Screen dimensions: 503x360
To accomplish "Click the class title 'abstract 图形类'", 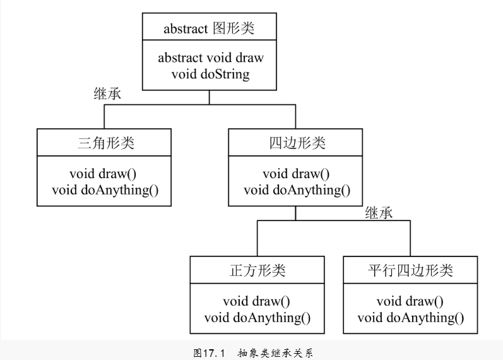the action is pyautogui.click(x=209, y=28).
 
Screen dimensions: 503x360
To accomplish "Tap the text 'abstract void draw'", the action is pyautogui.click(x=211, y=58).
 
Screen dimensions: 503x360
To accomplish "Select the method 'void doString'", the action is pyautogui.click(x=210, y=74).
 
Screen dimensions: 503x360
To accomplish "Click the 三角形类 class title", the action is pyautogui.click(x=105, y=143).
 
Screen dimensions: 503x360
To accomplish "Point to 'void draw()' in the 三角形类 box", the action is pyautogui.click(x=103, y=174).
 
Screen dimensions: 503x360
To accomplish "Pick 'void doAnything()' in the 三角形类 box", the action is pyautogui.click(x=105, y=190).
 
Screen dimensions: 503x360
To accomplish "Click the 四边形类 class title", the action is pyautogui.click(x=297, y=143).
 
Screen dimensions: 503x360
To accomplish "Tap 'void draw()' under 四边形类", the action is pyautogui.click(x=296, y=174).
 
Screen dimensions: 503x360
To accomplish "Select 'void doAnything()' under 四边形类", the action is pyautogui.click(x=297, y=190).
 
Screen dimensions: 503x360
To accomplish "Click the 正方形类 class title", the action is pyautogui.click(x=257, y=270).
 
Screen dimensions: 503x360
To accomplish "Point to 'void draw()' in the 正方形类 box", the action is pyautogui.click(x=256, y=301).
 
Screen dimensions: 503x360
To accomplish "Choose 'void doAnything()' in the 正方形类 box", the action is pyautogui.click(x=257, y=318).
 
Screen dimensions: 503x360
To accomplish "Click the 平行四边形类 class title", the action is pyautogui.click(x=410, y=270).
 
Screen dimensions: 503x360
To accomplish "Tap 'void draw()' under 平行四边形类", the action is pyautogui.click(x=410, y=301).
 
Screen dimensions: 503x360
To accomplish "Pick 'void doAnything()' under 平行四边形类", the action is pyautogui.click(x=411, y=318).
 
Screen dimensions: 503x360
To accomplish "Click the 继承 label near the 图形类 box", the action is pyautogui.click(x=107, y=93).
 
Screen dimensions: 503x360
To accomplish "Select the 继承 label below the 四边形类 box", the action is pyautogui.click(x=379, y=213).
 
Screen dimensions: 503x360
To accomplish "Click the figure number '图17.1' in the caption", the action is pyautogui.click(x=210, y=353).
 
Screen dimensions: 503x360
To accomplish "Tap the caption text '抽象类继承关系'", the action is pyautogui.click(x=275, y=353).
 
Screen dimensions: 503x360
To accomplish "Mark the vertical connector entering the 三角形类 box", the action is pyautogui.click(x=104, y=117).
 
